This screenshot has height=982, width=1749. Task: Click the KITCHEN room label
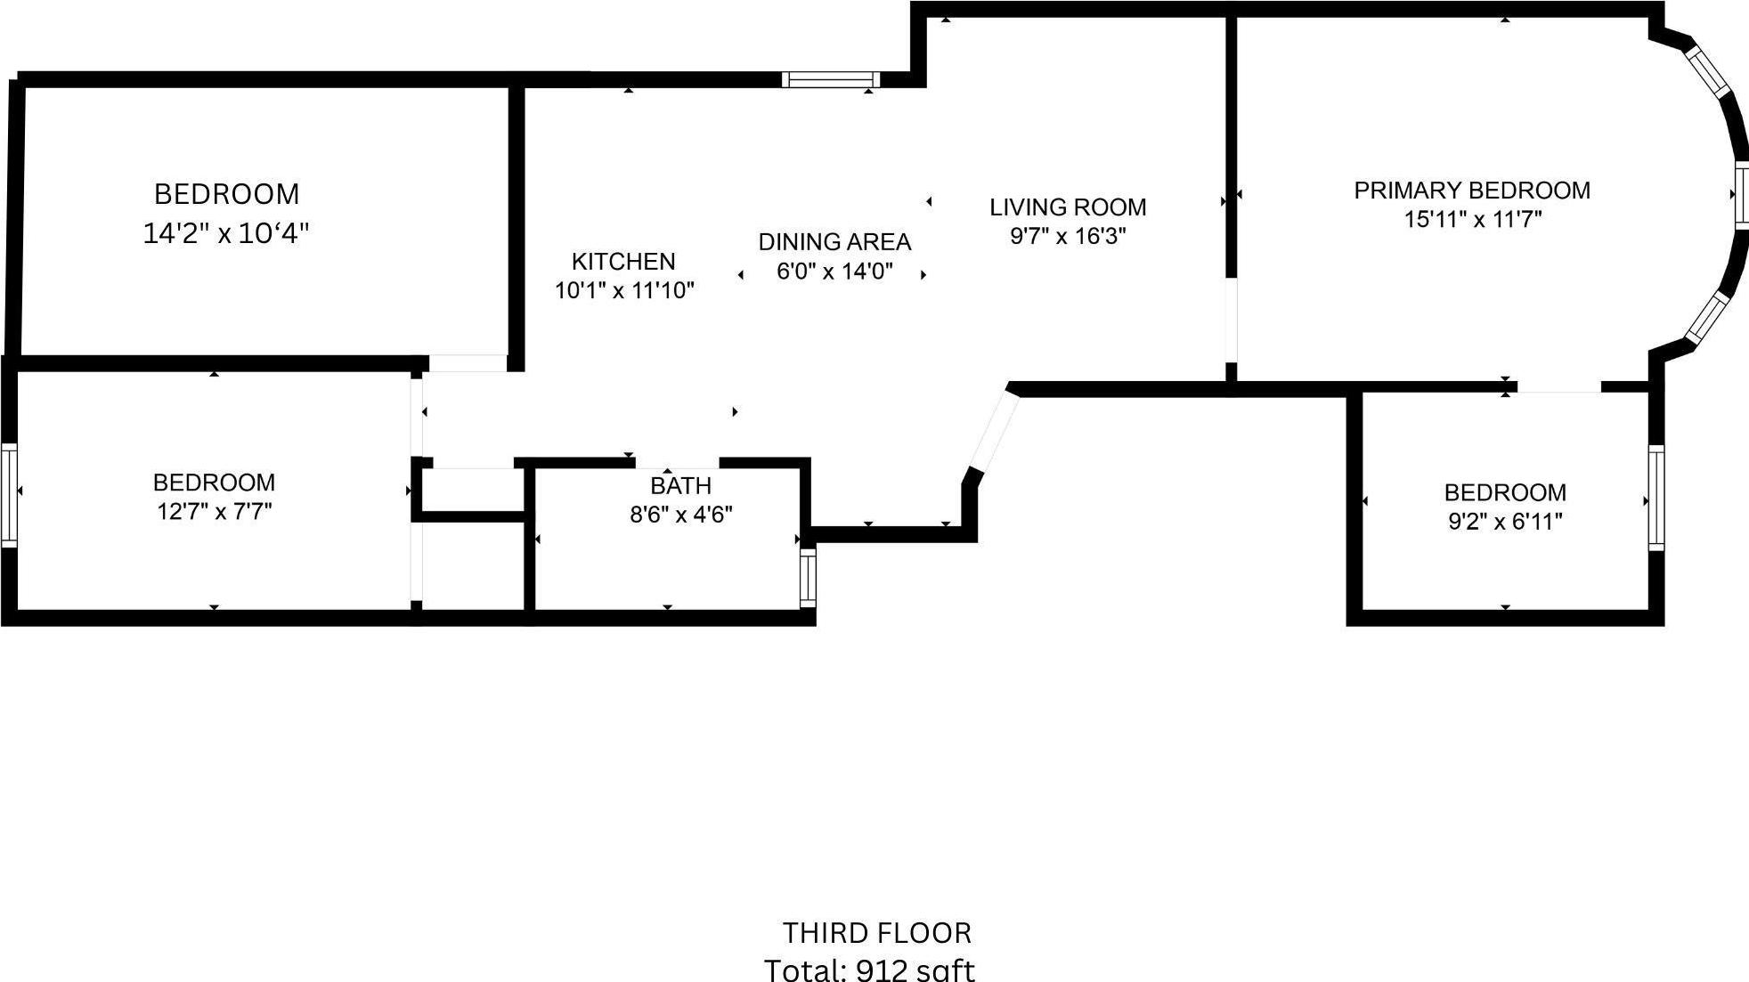[x=623, y=261]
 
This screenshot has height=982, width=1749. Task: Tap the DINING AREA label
[x=834, y=241]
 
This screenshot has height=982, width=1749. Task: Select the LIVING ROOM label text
[x=1068, y=207]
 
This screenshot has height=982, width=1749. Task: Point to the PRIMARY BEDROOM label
[x=1472, y=190]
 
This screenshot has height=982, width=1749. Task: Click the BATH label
[x=680, y=485]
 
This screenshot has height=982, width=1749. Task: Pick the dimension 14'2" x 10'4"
[x=226, y=233]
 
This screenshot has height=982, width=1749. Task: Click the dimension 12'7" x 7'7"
[x=214, y=511]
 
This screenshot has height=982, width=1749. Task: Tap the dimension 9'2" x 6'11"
[x=1505, y=521]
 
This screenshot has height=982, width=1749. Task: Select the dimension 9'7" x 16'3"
[x=1068, y=236]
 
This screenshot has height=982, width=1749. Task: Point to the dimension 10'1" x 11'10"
[x=624, y=290]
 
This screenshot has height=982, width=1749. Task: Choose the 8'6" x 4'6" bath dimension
[x=681, y=515]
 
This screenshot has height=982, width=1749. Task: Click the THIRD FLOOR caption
[x=877, y=933]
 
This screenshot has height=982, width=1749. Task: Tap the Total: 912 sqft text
[x=870, y=969]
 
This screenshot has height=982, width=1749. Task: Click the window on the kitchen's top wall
[x=830, y=79]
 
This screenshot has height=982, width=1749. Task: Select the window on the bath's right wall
[x=807, y=577]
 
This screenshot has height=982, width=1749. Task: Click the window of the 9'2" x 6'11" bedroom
[x=1655, y=497]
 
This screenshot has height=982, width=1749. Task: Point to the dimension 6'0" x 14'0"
[x=834, y=271]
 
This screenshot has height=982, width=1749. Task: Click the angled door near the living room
[x=993, y=431]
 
